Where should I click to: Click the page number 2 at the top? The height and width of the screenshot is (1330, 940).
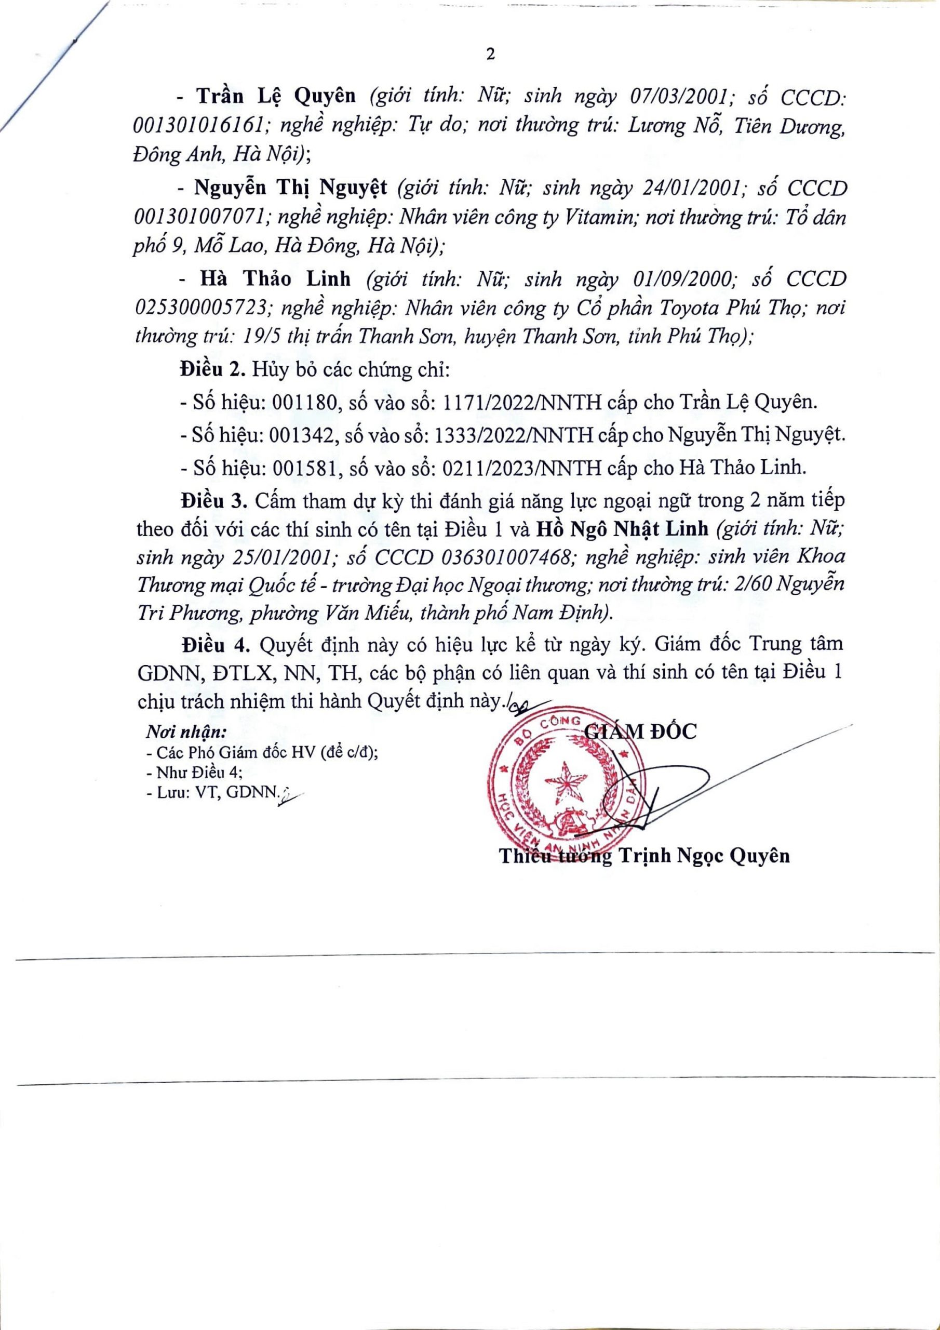(x=491, y=55)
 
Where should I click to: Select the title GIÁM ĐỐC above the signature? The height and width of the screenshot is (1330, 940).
(x=641, y=732)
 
